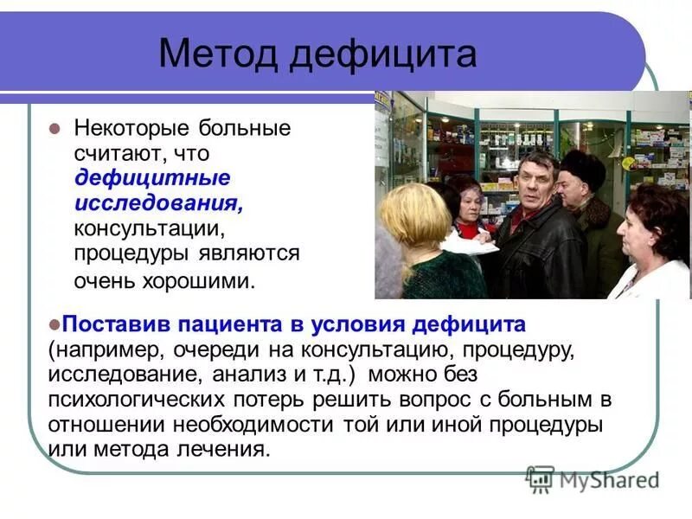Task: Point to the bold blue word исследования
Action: pyautogui.click(x=157, y=204)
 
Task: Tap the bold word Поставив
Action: pyautogui.click(x=118, y=325)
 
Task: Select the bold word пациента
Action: pyautogui.click(x=228, y=325)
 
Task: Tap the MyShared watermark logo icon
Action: pyautogui.click(x=541, y=477)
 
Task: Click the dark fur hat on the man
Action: pyautogui.click(x=581, y=165)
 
